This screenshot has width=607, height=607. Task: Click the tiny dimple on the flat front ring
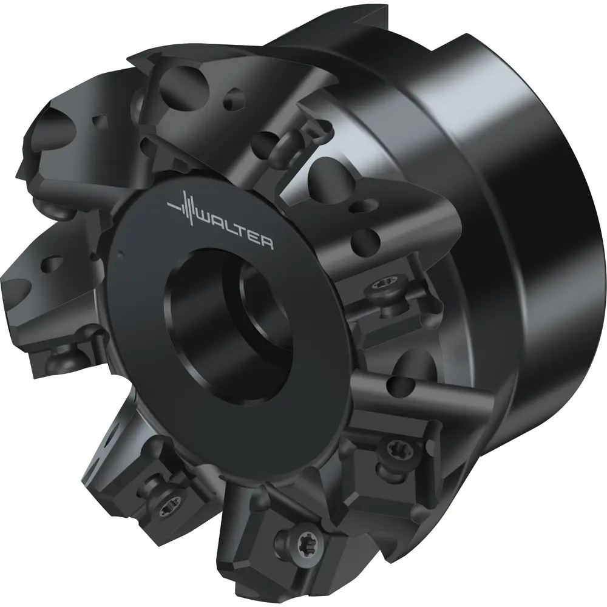[120, 255]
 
